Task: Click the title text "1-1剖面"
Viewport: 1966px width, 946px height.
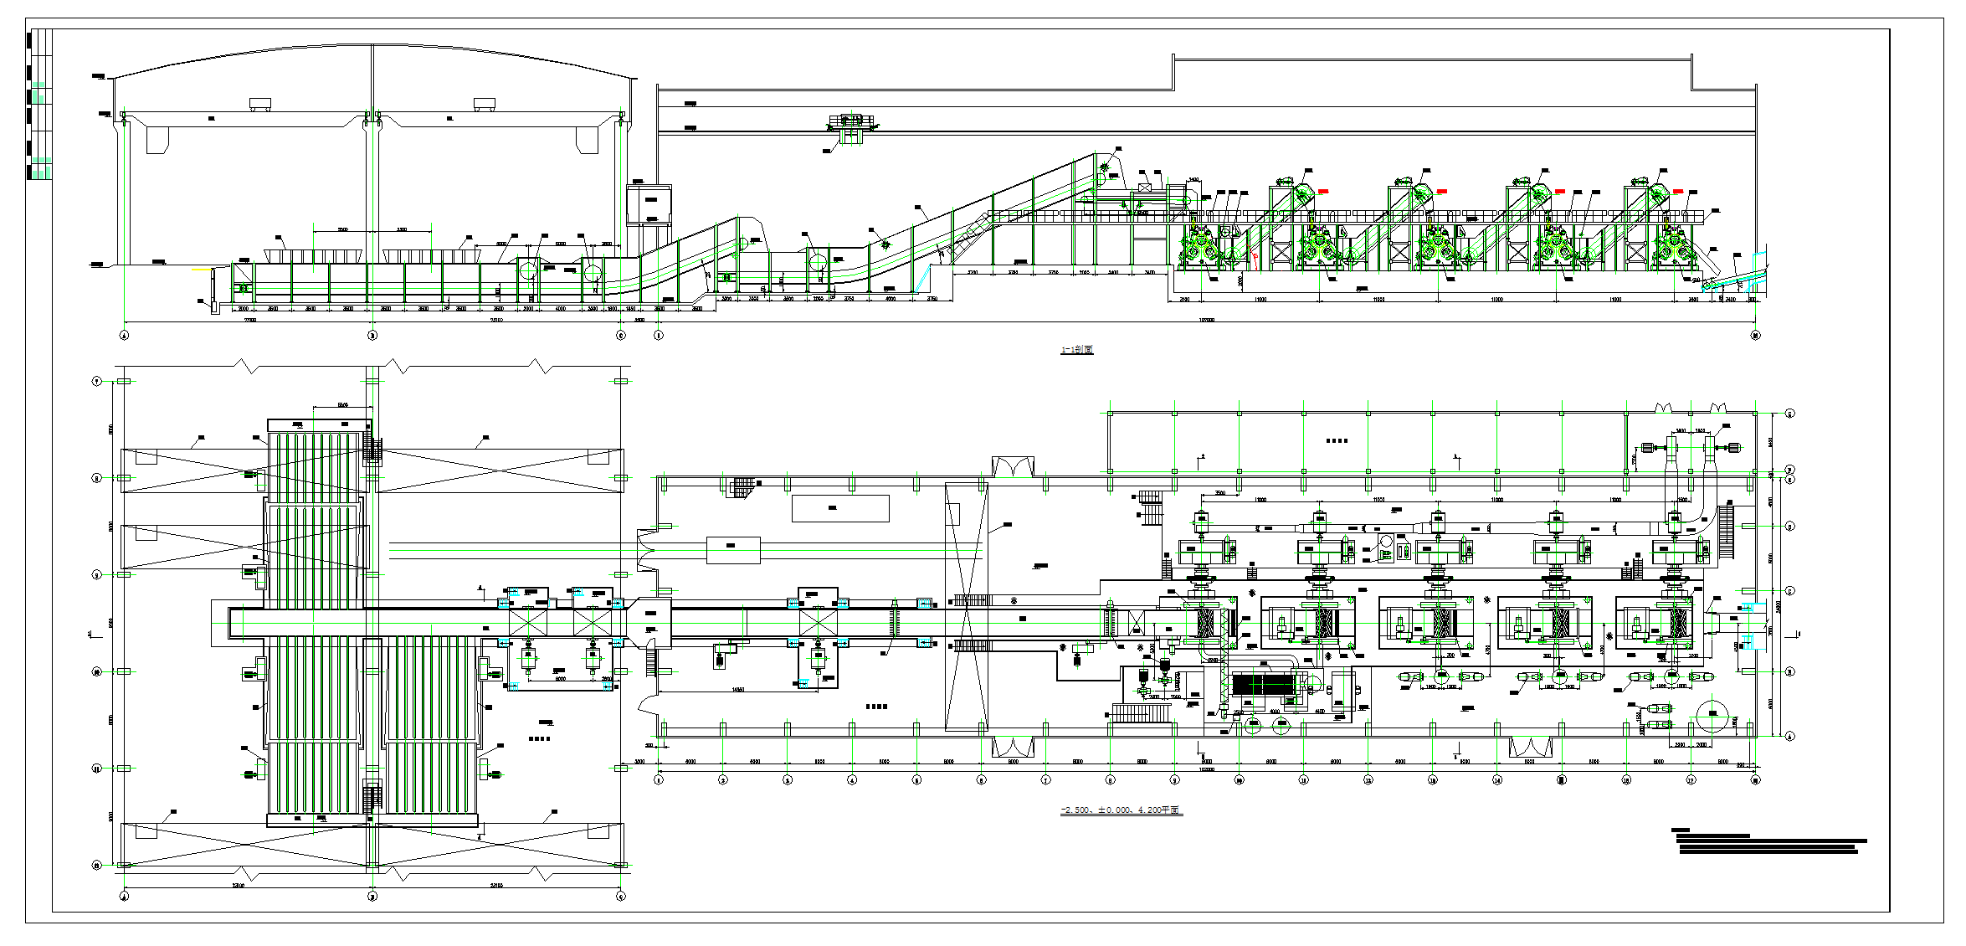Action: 1076,349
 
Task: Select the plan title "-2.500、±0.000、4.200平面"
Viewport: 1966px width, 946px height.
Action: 1121,810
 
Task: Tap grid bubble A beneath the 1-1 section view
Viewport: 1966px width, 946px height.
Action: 125,336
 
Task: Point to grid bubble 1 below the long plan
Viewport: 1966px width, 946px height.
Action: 659,780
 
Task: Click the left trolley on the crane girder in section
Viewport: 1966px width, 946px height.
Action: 260,104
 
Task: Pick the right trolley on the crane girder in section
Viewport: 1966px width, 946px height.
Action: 484,104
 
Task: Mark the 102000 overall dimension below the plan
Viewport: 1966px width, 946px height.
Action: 1206,769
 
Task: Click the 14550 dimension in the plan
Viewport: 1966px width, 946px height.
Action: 737,690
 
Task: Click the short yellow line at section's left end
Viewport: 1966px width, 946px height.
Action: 201,270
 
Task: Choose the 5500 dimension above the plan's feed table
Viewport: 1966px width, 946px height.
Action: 342,405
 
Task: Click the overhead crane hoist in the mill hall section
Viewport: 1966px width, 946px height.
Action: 851,126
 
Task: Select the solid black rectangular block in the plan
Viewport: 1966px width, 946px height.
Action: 1264,685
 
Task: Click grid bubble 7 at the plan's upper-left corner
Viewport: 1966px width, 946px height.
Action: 96,382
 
